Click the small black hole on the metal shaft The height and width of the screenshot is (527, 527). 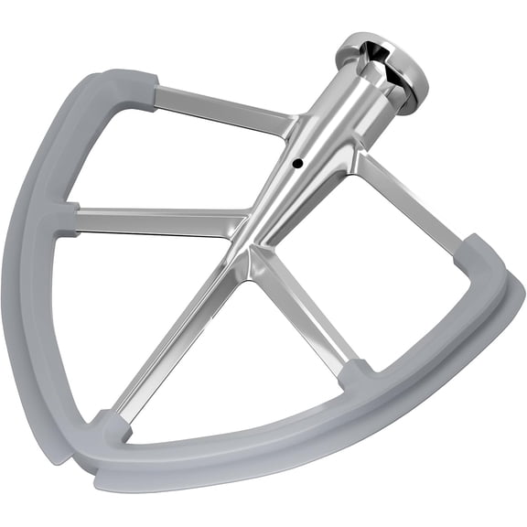[x=297, y=164]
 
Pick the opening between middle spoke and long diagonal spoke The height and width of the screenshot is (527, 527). [x=119, y=302]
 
